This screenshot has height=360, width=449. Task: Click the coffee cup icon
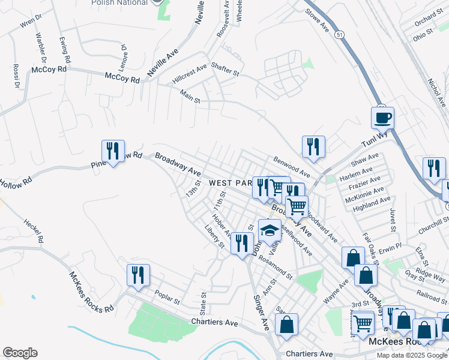click(382, 117)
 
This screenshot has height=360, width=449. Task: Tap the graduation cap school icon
click(270, 230)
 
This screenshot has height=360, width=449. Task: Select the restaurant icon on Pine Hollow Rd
click(113, 151)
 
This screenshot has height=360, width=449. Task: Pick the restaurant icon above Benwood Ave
click(313, 146)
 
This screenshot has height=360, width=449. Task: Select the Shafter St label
click(228, 73)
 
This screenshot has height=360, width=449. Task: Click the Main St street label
click(190, 96)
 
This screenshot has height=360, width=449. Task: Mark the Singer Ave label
click(261, 313)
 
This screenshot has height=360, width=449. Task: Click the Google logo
click(20, 353)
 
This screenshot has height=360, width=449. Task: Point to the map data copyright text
click(411, 355)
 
